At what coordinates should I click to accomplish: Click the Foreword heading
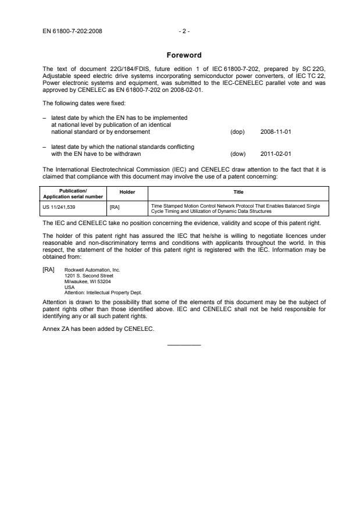pyautogui.click(x=184, y=56)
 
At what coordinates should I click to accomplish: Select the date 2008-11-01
pyautogui.click(x=276, y=132)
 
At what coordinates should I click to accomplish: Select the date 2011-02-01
pyautogui.click(x=276, y=154)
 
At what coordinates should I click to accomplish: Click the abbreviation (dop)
pyautogui.click(x=237, y=132)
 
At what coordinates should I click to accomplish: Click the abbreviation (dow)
pyautogui.click(x=238, y=154)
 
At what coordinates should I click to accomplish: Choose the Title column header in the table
pyautogui.click(x=238, y=192)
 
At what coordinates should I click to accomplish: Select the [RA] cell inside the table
pyautogui.click(x=115, y=206)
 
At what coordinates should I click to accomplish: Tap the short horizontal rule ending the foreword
pyautogui.click(x=184, y=345)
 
